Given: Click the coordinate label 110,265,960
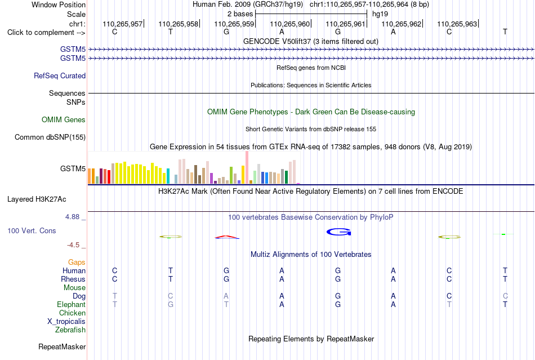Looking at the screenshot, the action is (289, 24).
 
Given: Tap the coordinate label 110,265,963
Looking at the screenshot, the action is (457, 24).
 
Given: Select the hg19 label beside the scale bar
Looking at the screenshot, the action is (380, 14).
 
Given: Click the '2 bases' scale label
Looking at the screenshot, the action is (240, 14).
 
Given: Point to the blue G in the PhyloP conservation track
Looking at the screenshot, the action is (338, 232).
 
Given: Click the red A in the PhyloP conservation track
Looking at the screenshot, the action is (227, 237).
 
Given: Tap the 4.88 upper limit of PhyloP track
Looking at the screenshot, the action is (72, 217).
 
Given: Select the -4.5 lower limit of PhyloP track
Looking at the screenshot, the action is (73, 245).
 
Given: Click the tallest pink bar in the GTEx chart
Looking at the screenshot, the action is (247, 167).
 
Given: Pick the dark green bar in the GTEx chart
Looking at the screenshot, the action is (286, 177).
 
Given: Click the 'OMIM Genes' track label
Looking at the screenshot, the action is (64, 120).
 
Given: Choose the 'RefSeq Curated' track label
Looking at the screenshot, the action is (60, 75).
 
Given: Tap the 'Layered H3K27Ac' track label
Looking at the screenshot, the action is (37, 199).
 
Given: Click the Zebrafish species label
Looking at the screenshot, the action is (70, 330).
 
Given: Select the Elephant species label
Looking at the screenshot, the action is (72, 304).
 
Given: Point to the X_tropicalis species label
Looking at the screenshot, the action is (66, 322).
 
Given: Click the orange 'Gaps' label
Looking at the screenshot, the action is (77, 262).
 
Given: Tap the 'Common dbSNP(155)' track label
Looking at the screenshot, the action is (50, 137).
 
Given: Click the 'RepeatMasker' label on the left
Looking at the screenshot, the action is (62, 346).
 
